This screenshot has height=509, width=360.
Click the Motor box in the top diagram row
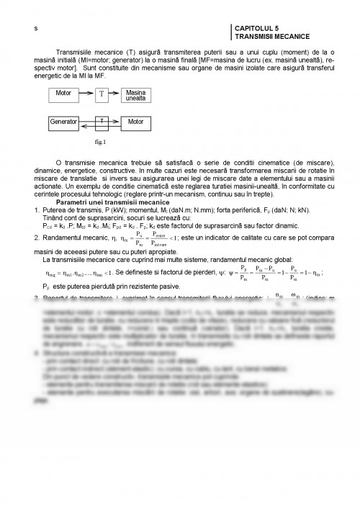[66, 94]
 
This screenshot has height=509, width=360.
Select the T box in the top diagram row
[101, 94]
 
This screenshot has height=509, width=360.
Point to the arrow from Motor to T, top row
[87, 94]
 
